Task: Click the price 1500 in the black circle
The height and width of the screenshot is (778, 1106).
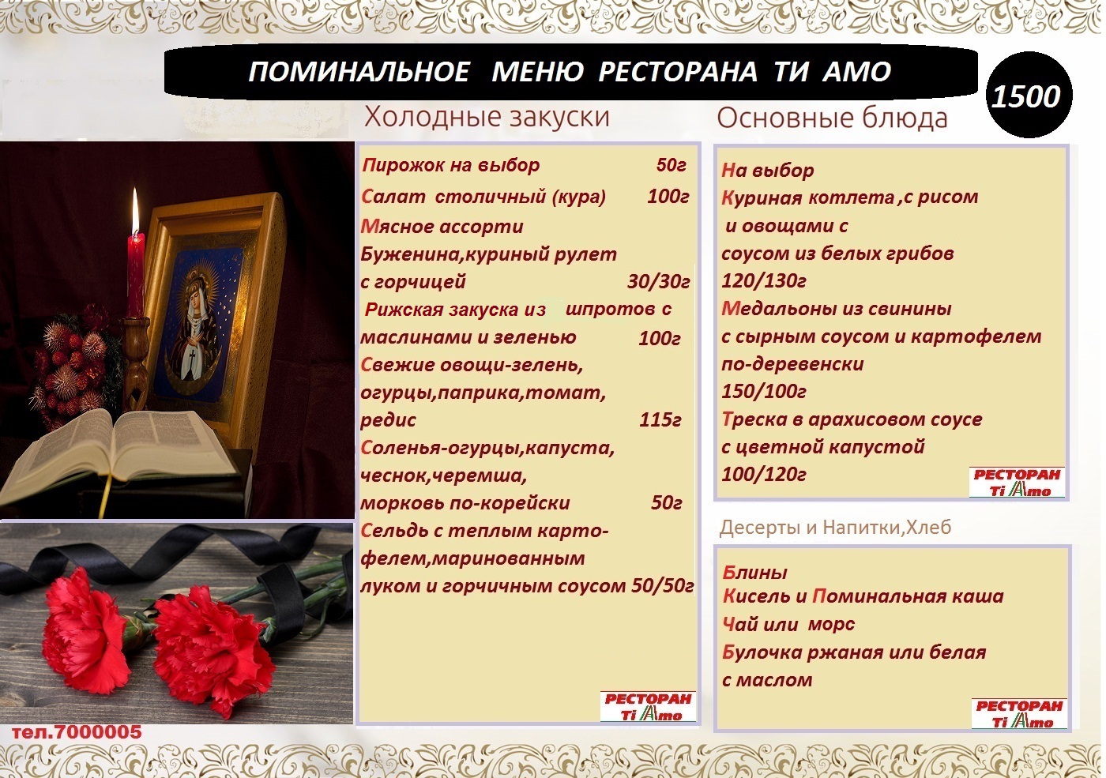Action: (x=1026, y=96)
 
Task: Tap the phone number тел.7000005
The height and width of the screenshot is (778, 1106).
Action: (x=77, y=731)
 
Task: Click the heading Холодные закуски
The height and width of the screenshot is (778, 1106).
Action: (x=487, y=118)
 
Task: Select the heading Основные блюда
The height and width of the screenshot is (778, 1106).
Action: (x=832, y=118)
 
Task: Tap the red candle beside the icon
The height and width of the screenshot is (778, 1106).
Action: (x=135, y=276)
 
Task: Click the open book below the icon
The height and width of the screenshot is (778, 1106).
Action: (x=123, y=449)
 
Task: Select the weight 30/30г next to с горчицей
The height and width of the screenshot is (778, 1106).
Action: (x=658, y=282)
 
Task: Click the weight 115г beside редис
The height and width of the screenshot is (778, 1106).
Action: (x=660, y=419)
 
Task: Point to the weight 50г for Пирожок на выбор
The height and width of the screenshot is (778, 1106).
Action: (x=671, y=165)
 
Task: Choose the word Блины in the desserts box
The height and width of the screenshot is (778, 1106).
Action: (x=755, y=572)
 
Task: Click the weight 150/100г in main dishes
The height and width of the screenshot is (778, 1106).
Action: (x=764, y=392)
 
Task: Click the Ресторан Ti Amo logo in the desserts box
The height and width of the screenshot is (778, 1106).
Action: (x=1019, y=713)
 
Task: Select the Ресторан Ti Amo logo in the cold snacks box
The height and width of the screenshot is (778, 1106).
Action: (x=648, y=706)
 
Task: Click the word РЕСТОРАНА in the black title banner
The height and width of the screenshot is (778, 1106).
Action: (x=678, y=72)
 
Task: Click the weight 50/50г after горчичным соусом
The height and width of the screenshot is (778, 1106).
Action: (x=663, y=586)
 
